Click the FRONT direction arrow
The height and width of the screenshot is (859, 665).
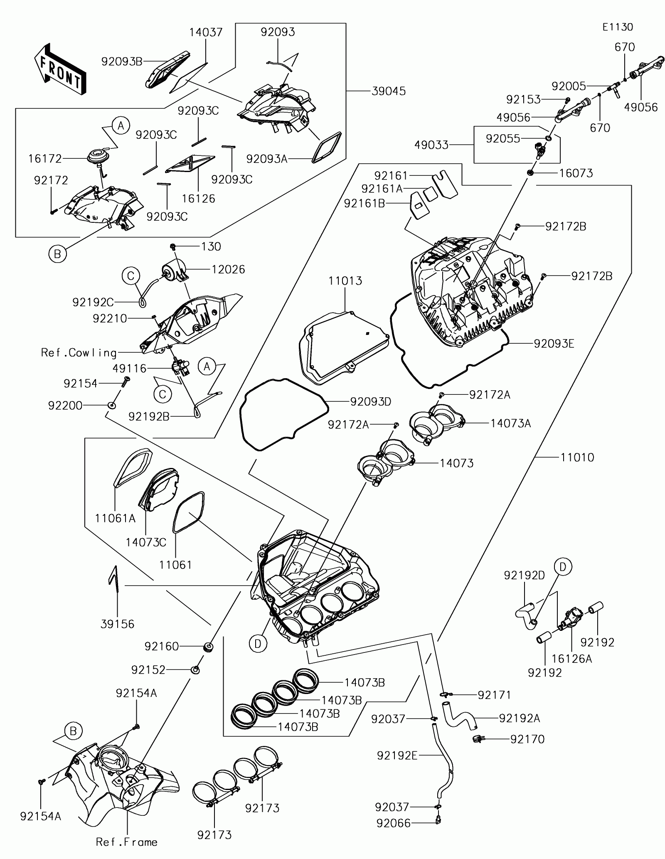pos(60,69)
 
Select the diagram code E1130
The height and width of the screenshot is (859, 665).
pos(618,27)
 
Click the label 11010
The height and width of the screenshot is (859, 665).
pos(577,458)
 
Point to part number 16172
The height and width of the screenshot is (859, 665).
pos(45,159)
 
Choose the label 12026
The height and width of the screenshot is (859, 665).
pos(228,269)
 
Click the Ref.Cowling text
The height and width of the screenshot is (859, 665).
pos(79,353)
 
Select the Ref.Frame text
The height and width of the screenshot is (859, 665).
pos(127,842)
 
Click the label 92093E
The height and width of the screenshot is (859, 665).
pos(554,344)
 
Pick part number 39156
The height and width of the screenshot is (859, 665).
pos(118,624)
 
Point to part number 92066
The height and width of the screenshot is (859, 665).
pos(393,823)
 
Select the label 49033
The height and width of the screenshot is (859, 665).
pos(431,145)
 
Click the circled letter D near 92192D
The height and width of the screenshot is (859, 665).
pos(563,566)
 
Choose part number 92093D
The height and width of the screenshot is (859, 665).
pos(371,402)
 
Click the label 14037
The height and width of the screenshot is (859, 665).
pos(206,32)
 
